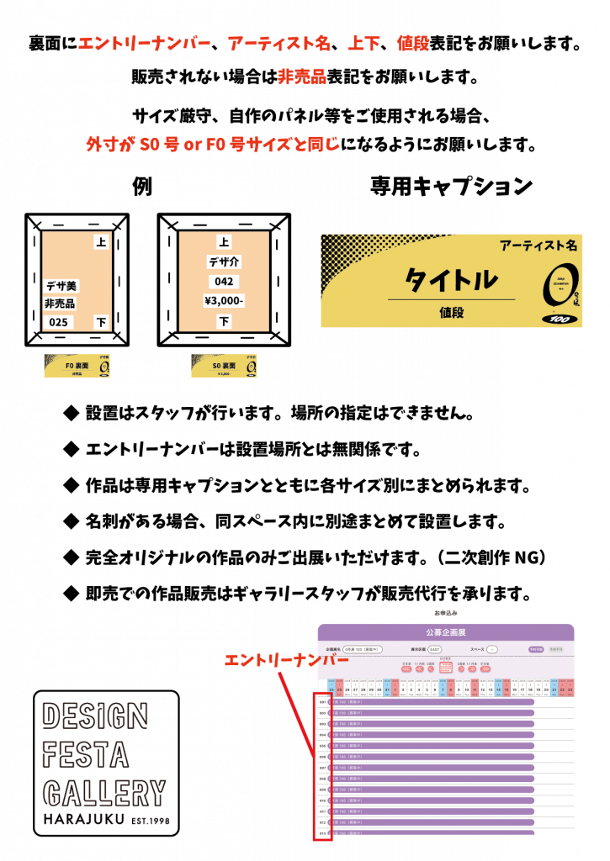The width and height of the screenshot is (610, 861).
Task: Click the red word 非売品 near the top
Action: [302, 77]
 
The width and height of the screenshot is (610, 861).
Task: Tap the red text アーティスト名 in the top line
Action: [279, 44]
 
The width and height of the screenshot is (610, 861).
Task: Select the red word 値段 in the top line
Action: [413, 44]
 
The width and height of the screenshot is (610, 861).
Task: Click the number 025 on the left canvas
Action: [58, 322]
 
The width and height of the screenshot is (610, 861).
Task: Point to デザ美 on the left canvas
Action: [61, 286]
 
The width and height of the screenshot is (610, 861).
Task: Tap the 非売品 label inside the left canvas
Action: [60, 304]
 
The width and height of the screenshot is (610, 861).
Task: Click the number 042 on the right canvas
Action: [224, 282]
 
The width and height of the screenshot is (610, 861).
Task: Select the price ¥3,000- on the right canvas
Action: [224, 301]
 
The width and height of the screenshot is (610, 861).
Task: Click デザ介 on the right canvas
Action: [224, 261]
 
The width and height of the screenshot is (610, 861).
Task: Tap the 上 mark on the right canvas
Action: [224, 242]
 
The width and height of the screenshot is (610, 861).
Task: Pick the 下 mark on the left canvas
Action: [101, 322]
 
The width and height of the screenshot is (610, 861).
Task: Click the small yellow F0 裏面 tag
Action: [77, 365]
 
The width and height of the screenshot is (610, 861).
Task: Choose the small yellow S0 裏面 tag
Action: [224, 365]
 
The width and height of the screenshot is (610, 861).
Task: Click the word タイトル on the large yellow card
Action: [451, 279]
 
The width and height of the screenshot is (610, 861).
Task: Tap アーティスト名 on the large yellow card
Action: [538, 246]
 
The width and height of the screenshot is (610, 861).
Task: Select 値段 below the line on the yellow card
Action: [451, 312]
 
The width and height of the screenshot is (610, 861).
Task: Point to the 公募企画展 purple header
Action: [446, 631]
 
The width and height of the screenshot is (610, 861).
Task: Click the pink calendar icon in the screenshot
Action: [445, 667]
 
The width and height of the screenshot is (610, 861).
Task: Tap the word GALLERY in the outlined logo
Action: [104, 793]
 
